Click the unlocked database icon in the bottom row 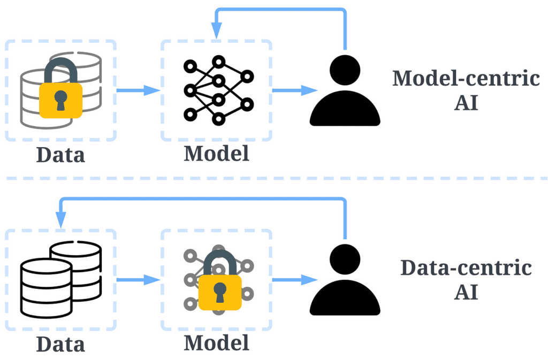[x=60, y=280]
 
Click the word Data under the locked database [x=60, y=155]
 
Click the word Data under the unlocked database [x=60, y=343]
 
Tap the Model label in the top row [x=216, y=154]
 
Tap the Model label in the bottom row [x=216, y=343]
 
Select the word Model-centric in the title [x=466, y=79]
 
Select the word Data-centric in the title [x=466, y=268]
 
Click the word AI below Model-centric [x=466, y=103]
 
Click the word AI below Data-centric [x=466, y=292]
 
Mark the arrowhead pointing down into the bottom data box [x=60, y=219]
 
